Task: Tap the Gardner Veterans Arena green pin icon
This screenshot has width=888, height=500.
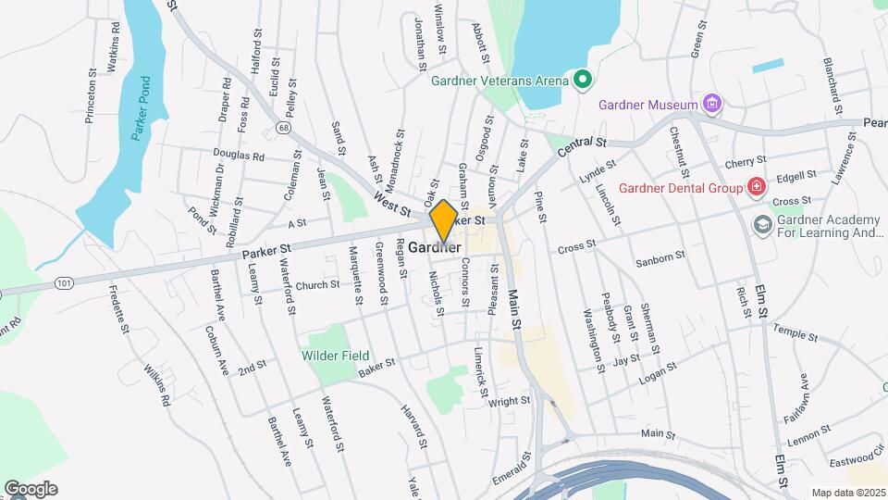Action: [582, 81]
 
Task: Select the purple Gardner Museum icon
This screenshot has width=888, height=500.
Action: [711, 103]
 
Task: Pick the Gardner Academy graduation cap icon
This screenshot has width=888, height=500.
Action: [762, 224]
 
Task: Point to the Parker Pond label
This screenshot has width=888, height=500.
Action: [141, 107]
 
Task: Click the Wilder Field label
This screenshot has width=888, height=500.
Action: [335, 356]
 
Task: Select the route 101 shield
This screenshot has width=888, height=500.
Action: [63, 281]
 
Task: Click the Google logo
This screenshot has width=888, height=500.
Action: [31, 488]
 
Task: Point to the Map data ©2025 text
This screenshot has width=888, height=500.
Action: [847, 493]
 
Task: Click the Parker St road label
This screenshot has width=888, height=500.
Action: [267, 250]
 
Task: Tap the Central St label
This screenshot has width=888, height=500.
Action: [583, 145]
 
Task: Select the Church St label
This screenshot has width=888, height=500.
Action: [318, 285]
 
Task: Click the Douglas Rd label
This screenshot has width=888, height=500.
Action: [239, 156]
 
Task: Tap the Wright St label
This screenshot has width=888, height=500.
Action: [510, 402]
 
